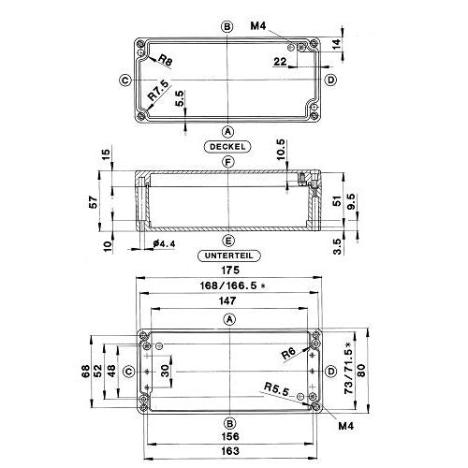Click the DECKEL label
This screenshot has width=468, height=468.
(x=227, y=147)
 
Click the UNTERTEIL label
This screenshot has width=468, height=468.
(x=229, y=256)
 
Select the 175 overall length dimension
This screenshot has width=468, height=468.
(x=230, y=271)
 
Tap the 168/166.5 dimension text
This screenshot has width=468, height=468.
(x=232, y=285)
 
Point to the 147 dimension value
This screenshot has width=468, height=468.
(x=228, y=301)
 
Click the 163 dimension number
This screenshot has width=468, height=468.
(x=230, y=451)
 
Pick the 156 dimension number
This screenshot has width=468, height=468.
(x=230, y=436)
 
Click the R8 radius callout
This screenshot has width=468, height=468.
(x=166, y=60)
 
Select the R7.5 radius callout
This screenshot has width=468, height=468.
(x=159, y=90)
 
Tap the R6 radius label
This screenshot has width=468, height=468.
(x=288, y=354)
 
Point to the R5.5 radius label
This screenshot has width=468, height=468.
(x=277, y=389)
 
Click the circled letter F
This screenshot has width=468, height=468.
(x=228, y=162)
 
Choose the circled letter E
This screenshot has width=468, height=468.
(x=228, y=241)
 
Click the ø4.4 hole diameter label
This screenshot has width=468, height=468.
(x=164, y=243)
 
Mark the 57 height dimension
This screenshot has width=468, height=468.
(x=94, y=202)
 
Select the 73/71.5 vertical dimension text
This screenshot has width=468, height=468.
(x=349, y=368)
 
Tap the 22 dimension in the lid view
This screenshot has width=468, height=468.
(x=280, y=62)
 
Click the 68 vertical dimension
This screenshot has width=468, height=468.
(x=86, y=372)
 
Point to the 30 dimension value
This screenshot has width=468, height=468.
(x=166, y=371)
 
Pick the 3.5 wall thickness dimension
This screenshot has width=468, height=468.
(x=338, y=247)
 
